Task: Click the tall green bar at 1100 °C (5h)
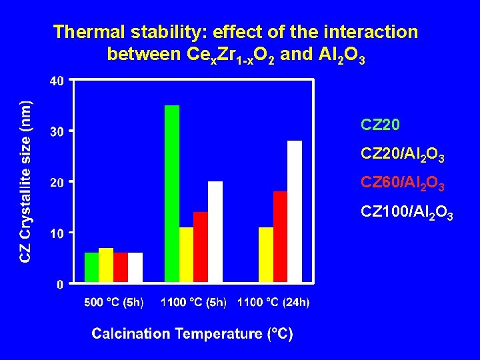click(x=172, y=193)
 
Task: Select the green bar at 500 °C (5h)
click(x=91, y=267)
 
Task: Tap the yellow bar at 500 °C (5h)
click(x=106, y=265)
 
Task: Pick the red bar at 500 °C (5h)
click(x=121, y=267)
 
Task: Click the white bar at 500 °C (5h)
click(x=135, y=267)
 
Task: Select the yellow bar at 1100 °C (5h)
click(x=186, y=255)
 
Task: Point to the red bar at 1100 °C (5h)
click(x=201, y=247)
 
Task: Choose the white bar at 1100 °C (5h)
click(x=215, y=231)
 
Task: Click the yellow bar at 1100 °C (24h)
click(x=266, y=255)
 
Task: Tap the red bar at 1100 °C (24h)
click(x=280, y=237)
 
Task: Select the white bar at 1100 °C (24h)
click(x=295, y=211)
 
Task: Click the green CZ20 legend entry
click(x=379, y=124)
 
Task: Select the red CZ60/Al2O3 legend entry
click(x=402, y=183)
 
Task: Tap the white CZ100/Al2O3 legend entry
click(x=407, y=213)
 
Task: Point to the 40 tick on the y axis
click(x=57, y=81)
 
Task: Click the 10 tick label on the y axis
click(x=57, y=233)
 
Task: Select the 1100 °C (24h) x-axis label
click(x=273, y=303)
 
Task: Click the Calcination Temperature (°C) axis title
click(x=192, y=333)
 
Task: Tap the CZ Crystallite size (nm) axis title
click(x=25, y=181)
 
